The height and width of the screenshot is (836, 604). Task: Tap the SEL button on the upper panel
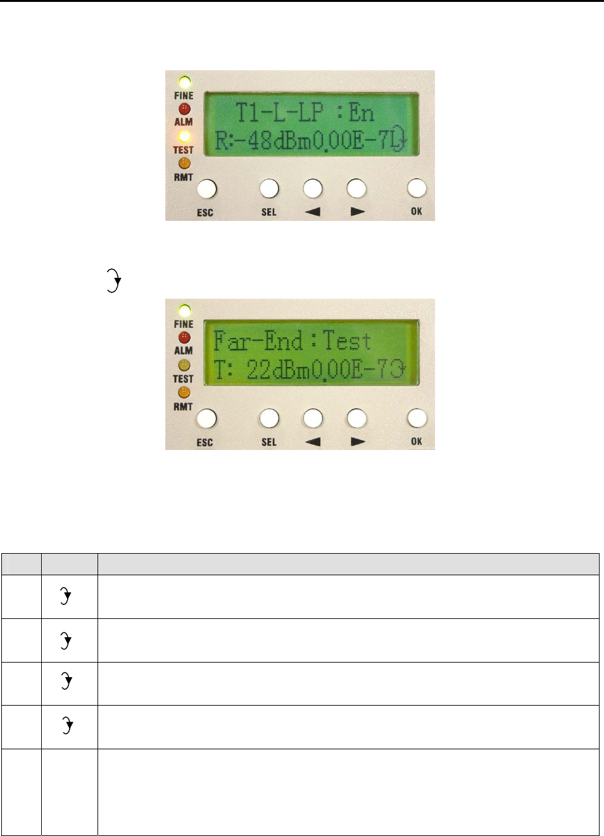[x=269, y=189]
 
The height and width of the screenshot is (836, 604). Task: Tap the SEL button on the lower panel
[x=269, y=418]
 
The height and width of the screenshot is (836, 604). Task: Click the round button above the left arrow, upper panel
[x=313, y=189]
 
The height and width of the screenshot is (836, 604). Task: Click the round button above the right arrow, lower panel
[x=356, y=418]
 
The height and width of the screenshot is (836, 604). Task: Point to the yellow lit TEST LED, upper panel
[x=184, y=136]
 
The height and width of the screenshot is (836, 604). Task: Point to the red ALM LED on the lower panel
[x=184, y=337]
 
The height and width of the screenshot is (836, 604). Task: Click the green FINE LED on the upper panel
[x=184, y=82]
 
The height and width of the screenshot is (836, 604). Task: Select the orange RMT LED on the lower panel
[x=184, y=392]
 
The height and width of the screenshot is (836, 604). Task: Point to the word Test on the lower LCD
[x=346, y=341]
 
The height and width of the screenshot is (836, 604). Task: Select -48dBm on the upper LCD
[x=270, y=140]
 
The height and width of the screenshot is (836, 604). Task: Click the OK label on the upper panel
[x=416, y=211]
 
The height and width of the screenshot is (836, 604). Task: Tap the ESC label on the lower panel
[x=204, y=442]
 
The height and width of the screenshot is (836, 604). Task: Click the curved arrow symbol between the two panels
[x=113, y=280]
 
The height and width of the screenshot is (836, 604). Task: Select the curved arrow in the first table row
[x=65, y=596]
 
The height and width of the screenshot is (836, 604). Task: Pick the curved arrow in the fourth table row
[x=67, y=725]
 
